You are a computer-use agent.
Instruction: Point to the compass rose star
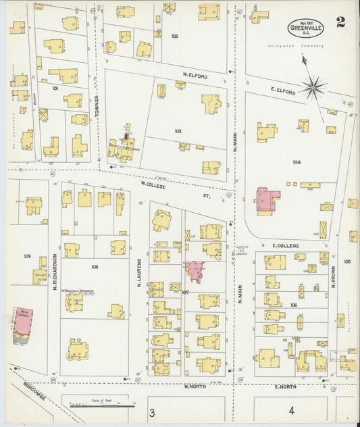[313, 86]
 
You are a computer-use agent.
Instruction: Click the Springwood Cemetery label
[304, 46]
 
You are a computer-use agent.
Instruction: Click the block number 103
[178, 131]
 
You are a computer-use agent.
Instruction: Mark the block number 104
[297, 162]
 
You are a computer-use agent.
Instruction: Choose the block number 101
[55, 88]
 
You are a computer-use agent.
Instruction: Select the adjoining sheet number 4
[291, 410]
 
